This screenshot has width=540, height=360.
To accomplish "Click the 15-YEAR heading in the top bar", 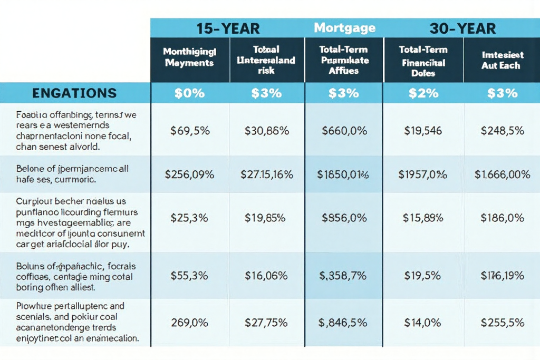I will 228,28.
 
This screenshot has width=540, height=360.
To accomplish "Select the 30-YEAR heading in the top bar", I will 462,28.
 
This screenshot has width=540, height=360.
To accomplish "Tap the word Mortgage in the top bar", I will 344,27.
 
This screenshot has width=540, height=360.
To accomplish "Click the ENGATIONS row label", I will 74,93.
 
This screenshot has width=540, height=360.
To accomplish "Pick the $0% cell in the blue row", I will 189,93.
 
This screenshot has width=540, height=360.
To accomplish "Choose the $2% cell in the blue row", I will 423,93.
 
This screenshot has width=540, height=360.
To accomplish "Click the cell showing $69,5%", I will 189,130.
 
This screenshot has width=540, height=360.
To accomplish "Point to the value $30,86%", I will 266,130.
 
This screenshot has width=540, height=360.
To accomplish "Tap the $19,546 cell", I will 423,130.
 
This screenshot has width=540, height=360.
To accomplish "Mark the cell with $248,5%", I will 502,130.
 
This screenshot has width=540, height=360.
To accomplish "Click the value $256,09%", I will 189,174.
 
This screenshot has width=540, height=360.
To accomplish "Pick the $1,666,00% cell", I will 502,174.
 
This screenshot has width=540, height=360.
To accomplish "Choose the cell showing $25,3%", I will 189,217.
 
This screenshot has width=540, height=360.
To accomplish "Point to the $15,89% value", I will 423,217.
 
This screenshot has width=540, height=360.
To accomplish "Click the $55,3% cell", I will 189,275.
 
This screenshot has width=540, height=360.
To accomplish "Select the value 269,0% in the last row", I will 189,323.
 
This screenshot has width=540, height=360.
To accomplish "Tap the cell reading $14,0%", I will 423,323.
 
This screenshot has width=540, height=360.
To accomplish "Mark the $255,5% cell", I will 502,323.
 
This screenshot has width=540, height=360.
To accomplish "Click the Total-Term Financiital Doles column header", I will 423,62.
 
